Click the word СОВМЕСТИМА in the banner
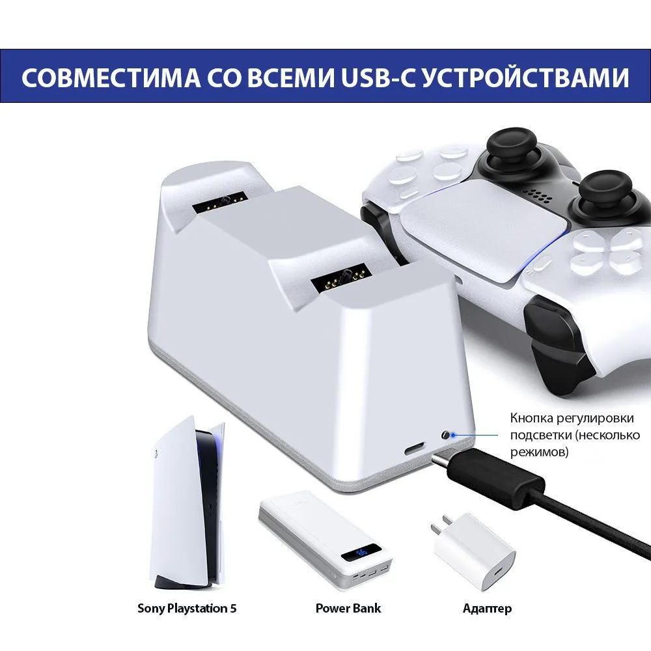pos(111,77)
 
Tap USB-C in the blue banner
pos(378,77)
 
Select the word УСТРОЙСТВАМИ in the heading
pos(526,77)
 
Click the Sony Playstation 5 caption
pos(187,608)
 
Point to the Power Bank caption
pos(348,608)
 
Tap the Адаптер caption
pos(487,609)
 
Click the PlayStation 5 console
pos(188,503)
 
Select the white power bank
pos(325,540)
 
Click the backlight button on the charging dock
pos(446,435)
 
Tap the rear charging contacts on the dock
pos(221,202)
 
